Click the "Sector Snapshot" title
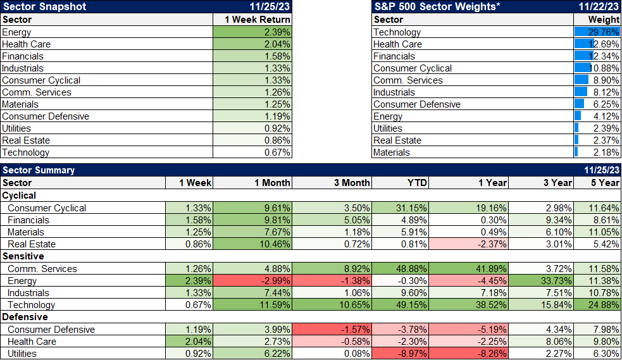(44, 7)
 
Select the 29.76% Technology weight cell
(597, 32)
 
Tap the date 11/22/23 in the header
(597, 7)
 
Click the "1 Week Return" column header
(258, 20)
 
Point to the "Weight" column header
(604, 20)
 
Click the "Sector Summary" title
(39, 170)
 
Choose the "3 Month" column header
(352, 183)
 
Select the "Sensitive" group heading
(23, 256)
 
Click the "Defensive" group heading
(25, 317)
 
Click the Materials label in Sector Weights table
(392, 152)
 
